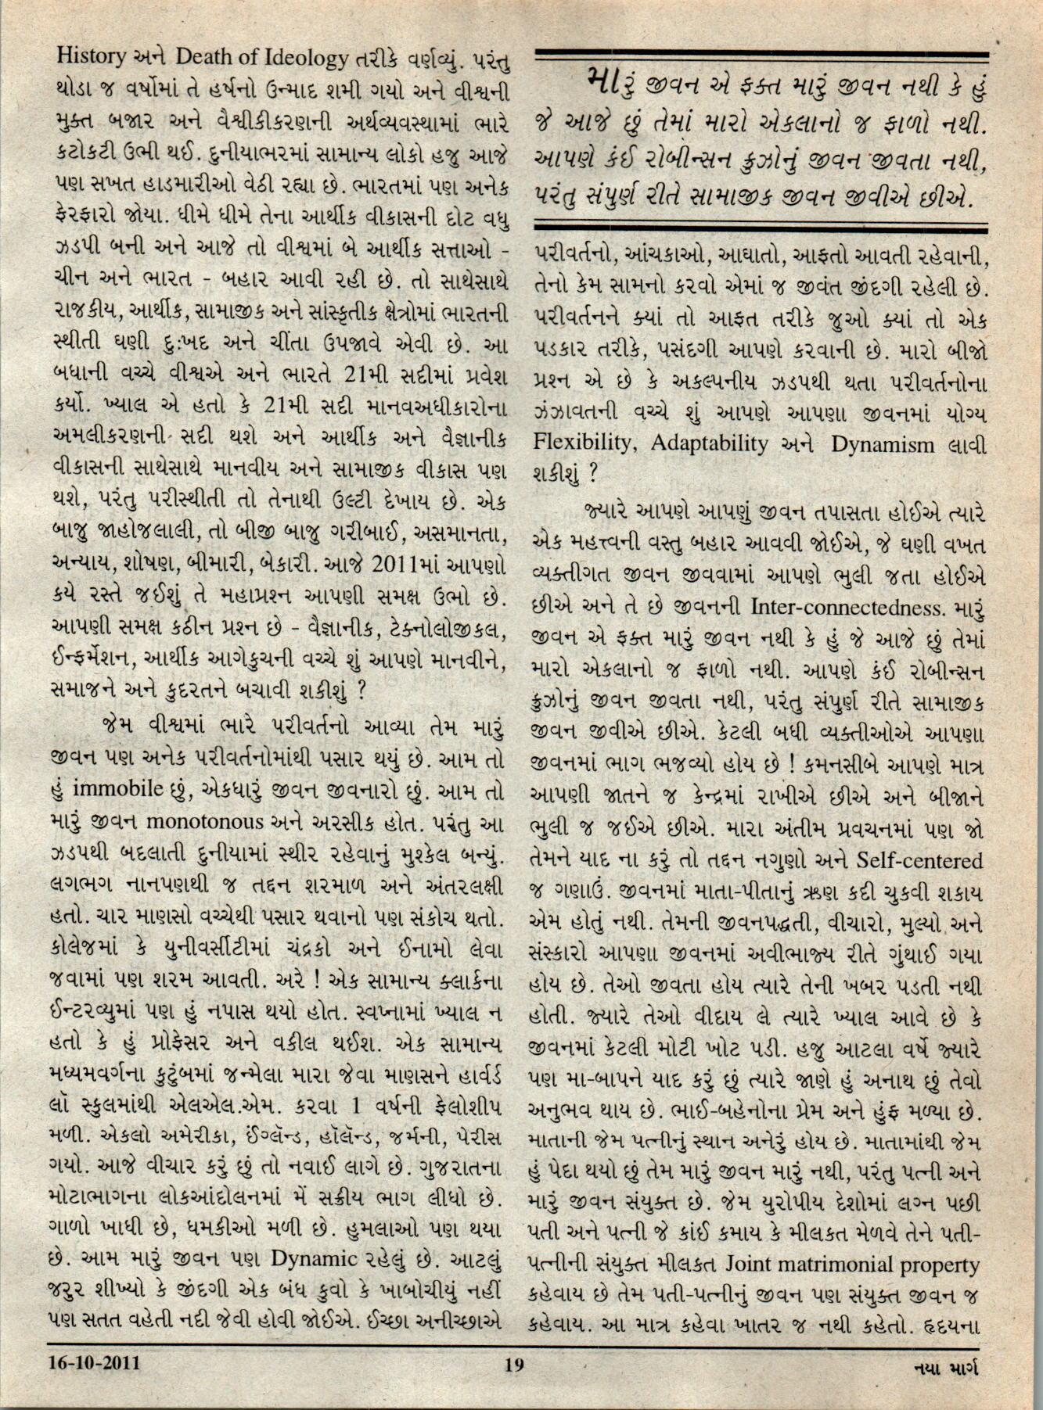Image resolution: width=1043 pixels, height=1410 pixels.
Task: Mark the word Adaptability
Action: tap(712, 444)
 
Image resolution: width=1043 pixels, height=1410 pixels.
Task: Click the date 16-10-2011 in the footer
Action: tap(93, 1365)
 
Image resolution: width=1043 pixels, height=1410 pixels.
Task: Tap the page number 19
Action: tap(514, 1365)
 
